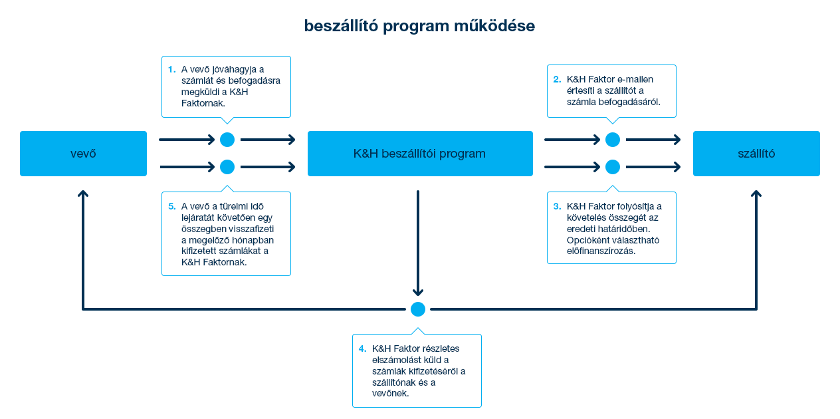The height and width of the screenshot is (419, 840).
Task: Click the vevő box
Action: [x=83, y=154]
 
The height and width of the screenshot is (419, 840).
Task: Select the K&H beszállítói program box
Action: [x=419, y=154]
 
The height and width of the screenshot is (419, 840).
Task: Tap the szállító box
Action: [x=756, y=154]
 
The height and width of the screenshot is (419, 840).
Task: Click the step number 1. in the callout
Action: [x=171, y=69]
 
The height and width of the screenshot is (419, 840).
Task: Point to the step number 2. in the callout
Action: [x=557, y=79]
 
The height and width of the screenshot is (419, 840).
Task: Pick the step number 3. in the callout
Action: [x=557, y=206]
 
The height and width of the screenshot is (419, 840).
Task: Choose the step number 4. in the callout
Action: [x=362, y=349]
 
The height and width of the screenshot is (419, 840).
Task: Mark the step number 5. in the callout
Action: [x=171, y=206]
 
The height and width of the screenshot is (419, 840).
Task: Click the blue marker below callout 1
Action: [x=227, y=140]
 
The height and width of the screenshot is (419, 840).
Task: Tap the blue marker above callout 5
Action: [x=227, y=166]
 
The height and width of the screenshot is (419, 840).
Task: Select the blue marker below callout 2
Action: [x=613, y=140]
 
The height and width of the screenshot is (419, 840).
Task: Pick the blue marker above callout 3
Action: [x=613, y=166]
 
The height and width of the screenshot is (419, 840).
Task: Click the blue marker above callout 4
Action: [x=418, y=309]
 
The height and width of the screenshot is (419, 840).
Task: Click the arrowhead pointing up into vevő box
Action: [x=83, y=194]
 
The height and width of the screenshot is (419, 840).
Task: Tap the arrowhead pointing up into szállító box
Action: [x=756, y=194]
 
